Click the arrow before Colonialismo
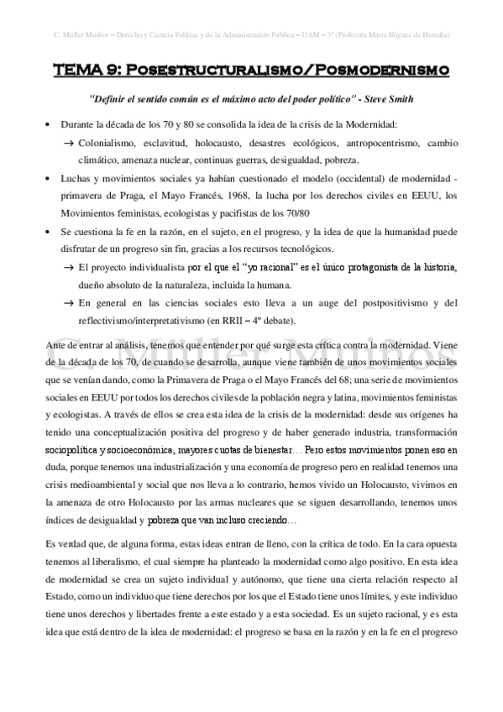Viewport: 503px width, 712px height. (69, 143)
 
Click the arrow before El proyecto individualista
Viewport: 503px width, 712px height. (69, 267)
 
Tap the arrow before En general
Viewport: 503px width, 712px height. (69, 303)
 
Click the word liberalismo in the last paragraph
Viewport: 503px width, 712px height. (118, 560)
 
